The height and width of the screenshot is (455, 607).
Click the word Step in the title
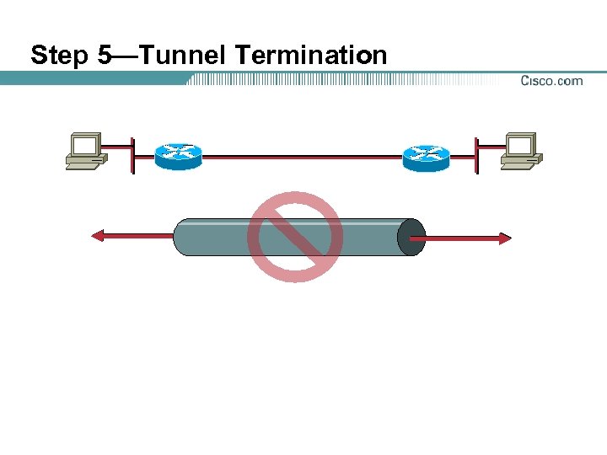pos(60,56)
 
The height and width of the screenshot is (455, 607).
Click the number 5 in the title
pos(105,56)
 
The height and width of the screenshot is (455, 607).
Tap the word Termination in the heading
pos(311,56)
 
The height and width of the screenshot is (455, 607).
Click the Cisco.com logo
pos(551,81)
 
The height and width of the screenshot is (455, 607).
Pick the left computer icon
pos(85,152)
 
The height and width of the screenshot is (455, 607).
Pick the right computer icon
pos(521,152)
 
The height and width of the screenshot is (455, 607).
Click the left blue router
pos(179,156)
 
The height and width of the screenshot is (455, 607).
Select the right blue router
pos(426,156)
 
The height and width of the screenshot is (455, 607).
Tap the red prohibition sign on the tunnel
pos(295,237)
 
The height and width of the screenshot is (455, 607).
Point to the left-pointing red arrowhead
pos(98,238)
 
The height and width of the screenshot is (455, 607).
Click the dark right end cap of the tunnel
pos(411,238)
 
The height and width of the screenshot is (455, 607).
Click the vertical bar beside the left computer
pos(132,154)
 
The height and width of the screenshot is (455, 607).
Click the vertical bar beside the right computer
pos(476,154)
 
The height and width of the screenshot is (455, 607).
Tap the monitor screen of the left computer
pos(84,147)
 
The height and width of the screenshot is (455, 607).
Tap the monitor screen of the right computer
pos(520,147)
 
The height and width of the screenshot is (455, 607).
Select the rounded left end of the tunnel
pos(180,238)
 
